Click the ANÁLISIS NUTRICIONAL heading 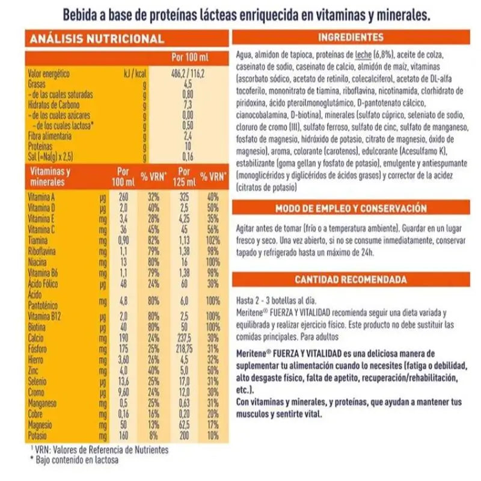(x=96, y=39)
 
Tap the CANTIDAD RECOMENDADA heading (x=351, y=280)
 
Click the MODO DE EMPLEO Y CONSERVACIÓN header (x=351, y=209)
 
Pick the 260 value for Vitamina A (x=124, y=197)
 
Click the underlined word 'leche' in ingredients (x=363, y=56)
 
